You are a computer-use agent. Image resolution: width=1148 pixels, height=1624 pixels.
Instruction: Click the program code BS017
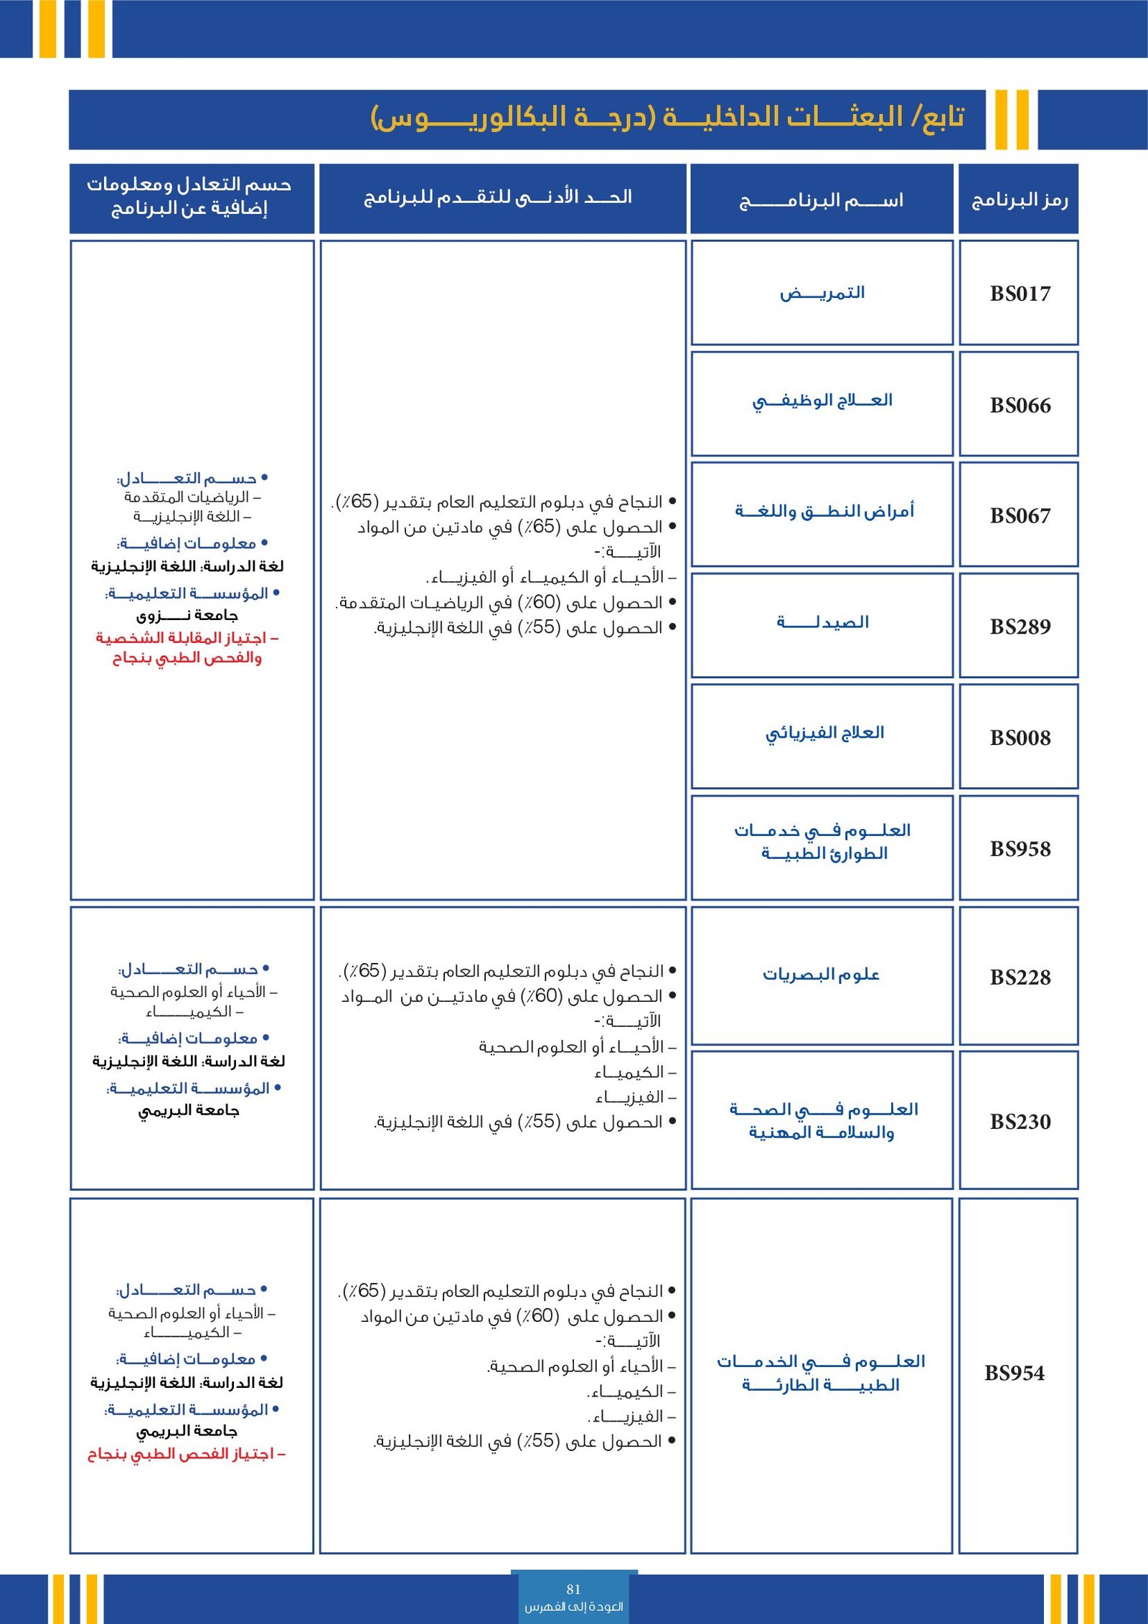pos(1020,294)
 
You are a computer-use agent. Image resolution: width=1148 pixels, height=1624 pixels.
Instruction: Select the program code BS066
pos(1020,405)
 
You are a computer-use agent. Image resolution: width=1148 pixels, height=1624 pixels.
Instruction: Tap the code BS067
pos(1020,516)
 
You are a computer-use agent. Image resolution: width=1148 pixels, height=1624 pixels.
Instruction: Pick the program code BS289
pos(1020,626)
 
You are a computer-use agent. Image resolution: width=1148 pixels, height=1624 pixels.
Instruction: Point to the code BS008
pos(1020,738)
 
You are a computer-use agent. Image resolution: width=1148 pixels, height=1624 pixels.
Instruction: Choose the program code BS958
pos(1020,849)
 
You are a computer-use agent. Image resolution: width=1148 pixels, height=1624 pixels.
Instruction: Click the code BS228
pos(1020,977)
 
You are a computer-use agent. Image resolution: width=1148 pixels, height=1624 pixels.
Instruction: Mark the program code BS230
pos(1020,1122)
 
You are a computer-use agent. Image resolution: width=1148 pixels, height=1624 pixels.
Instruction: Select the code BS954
pos(1014,1373)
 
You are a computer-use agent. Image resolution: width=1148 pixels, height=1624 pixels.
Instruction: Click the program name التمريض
pos(822,293)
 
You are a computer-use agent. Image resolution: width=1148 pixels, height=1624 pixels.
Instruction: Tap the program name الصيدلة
pos(822,622)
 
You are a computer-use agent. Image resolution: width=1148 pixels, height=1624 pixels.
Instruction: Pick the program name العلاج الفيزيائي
pos(824,733)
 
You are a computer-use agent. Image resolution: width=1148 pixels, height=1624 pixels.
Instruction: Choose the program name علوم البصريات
pos(821,975)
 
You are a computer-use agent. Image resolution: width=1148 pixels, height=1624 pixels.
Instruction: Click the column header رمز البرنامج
pos(1019,200)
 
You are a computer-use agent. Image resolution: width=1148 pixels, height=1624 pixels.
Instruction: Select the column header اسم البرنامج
pos(821,200)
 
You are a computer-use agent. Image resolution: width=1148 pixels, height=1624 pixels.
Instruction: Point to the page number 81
pos(573,1589)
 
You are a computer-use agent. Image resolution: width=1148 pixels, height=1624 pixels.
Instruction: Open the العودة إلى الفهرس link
pos(573,1606)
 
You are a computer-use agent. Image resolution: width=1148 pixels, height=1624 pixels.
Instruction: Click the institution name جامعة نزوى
pos(187,616)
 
